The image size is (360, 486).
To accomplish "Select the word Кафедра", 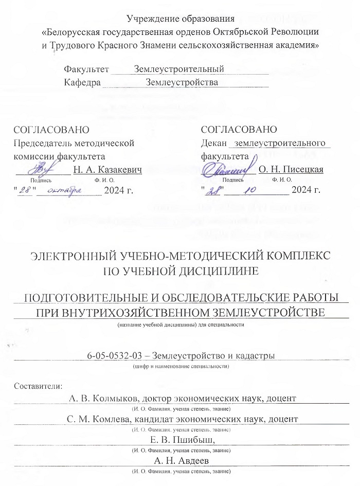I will pos(82,82).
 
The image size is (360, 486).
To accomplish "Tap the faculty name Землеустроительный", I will pos(178,69).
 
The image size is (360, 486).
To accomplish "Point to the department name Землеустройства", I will pos(182,82).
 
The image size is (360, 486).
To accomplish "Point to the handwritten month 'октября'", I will pos(67,190).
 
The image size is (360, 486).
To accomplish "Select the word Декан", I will pos(214,142).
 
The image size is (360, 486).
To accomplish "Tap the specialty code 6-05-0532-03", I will pos(115,356).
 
